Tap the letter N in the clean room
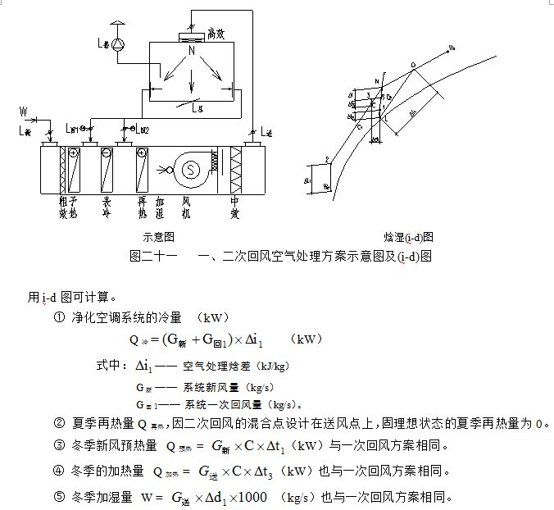tap(192, 51)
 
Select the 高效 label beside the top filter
tap(216, 34)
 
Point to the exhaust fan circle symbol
tap(119, 43)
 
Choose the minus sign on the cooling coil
tap(107, 153)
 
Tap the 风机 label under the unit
tap(186, 205)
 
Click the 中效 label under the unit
tap(236, 205)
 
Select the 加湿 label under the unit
tap(161, 205)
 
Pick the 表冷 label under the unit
tap(107, 205)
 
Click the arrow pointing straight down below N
tap(192, 83)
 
